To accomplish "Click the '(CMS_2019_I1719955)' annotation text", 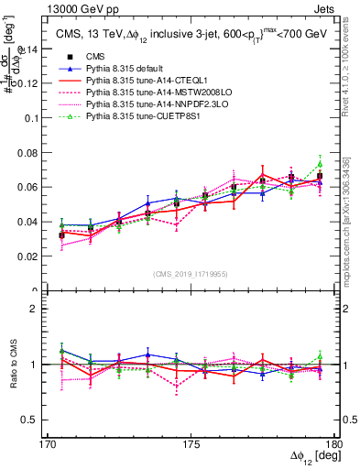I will pyautogui.click(x=190, y=273).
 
